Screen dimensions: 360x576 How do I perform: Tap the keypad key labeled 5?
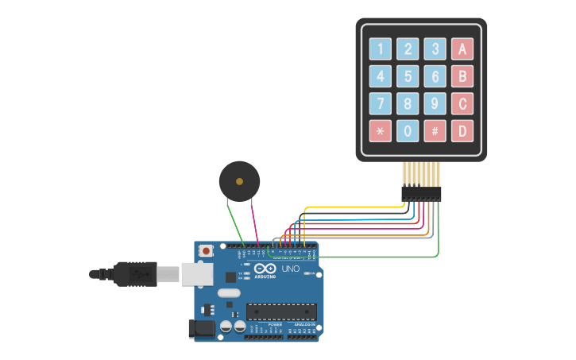408,76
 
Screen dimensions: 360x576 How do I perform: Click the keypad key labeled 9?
435,103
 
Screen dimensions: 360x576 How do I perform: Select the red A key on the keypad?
462,49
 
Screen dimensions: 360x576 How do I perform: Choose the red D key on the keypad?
462,130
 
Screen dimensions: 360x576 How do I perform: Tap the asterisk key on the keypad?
381,130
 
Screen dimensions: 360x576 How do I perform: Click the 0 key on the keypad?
408,130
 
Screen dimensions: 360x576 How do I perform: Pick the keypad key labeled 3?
435,49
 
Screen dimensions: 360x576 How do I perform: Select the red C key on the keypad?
462,103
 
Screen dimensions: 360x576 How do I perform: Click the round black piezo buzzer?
239,182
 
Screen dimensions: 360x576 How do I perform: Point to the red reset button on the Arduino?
207,250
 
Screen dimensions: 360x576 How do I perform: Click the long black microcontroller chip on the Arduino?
281,311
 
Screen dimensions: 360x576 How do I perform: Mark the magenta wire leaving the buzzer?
254,223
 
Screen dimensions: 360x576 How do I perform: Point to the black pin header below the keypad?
421,193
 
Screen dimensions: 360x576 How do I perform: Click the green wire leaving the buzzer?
234,223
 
